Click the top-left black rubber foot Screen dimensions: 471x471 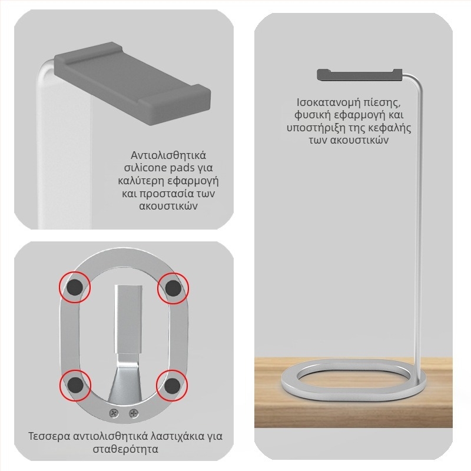75,287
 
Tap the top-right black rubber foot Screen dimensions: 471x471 173,288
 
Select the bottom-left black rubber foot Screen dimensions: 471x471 75,385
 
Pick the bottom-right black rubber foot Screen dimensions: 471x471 172,386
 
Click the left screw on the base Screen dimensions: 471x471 114,413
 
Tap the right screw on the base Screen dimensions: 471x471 134,414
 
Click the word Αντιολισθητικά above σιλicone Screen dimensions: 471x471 168,155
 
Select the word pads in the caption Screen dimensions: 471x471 182,168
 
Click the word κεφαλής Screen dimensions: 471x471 390,128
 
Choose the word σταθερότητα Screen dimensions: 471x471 125,449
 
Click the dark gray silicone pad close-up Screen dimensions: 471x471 132,83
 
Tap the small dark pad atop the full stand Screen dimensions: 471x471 360,75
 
